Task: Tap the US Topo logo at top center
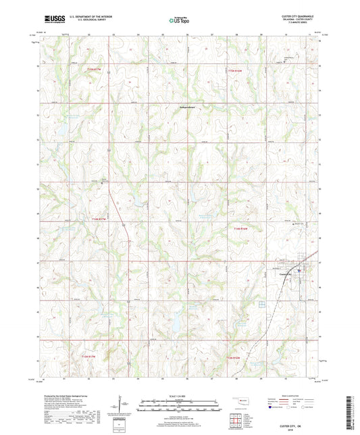[x=178, y=21]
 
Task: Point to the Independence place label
[x=173, y=107]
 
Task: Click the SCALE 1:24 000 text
[x=179, y=396]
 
